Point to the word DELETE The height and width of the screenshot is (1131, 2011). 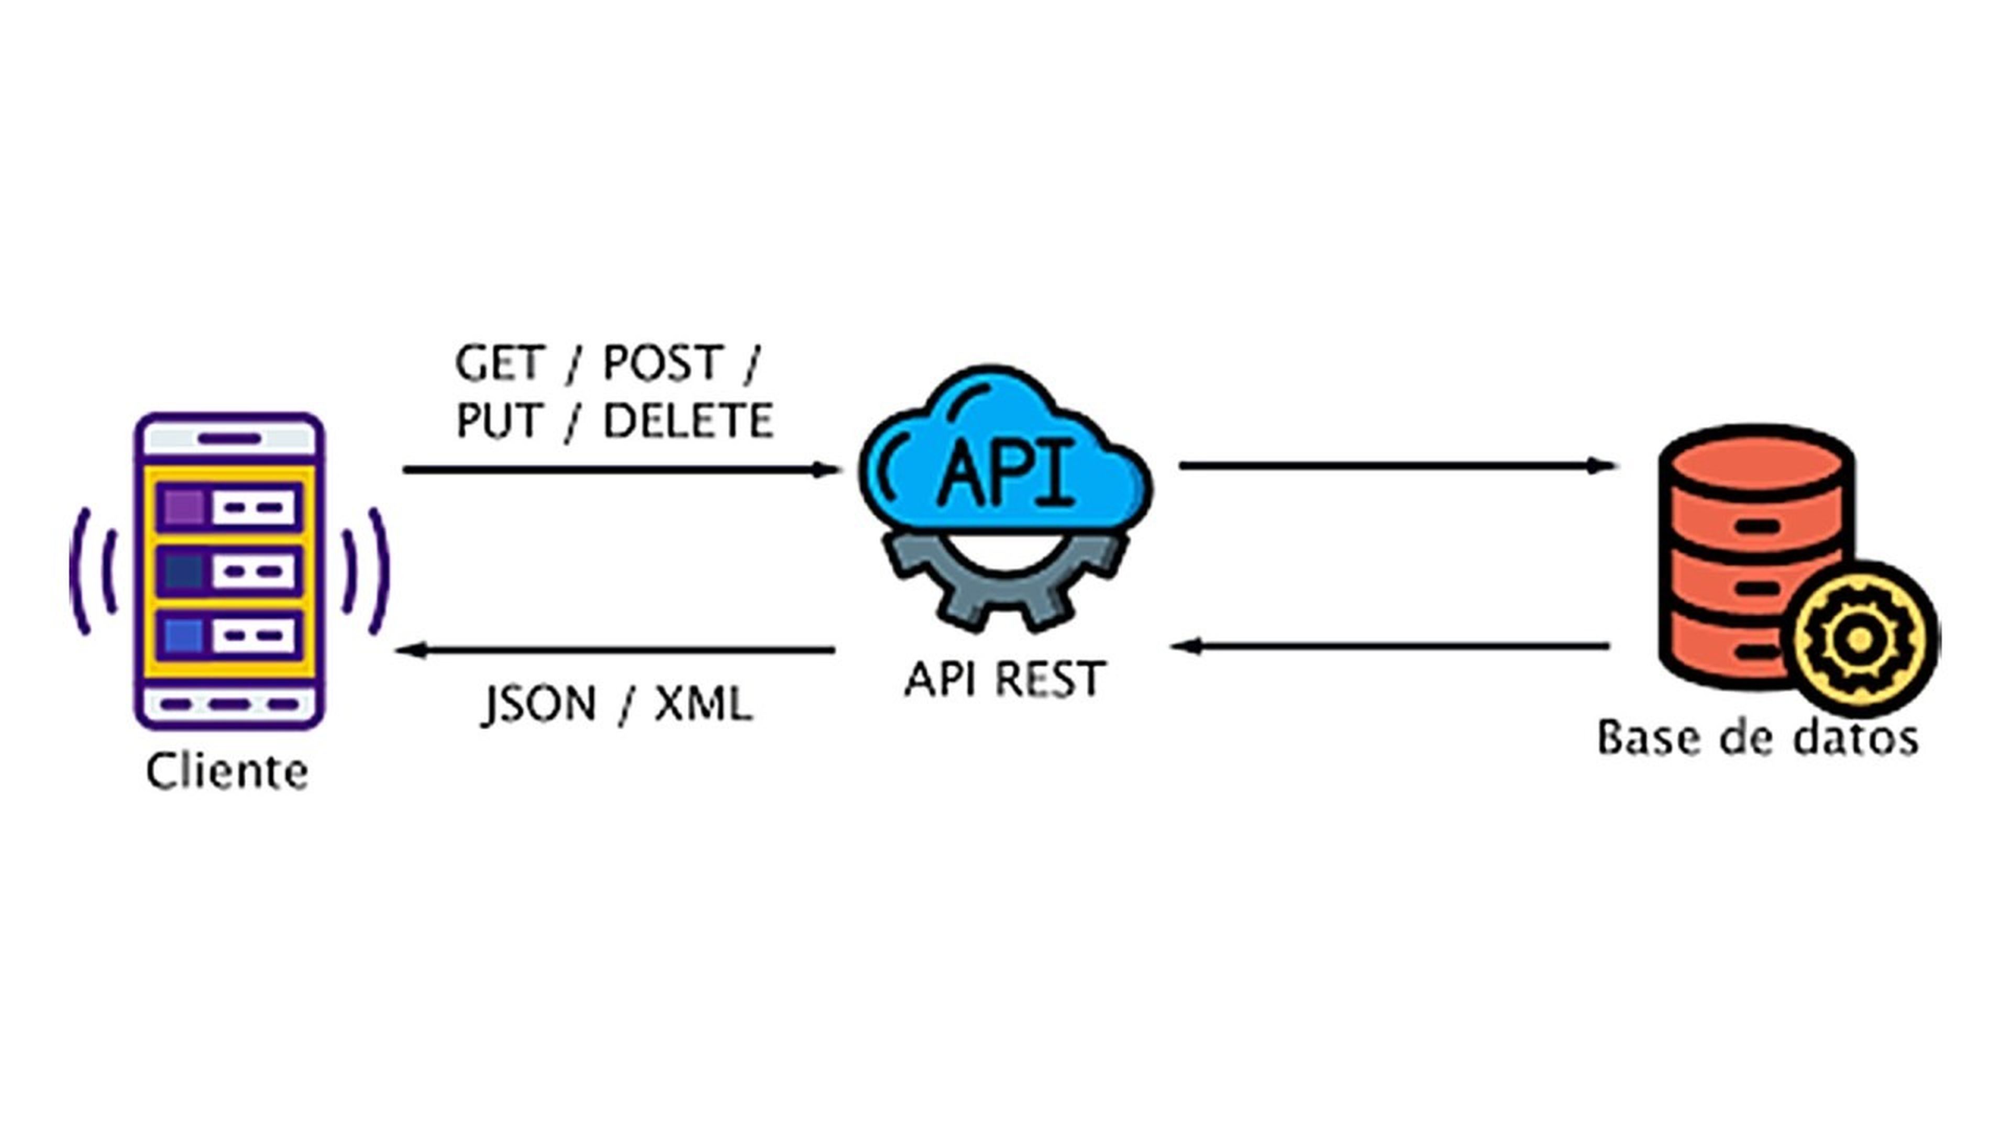688,422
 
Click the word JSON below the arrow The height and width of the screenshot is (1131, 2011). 539,704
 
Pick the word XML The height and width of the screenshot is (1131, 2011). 703,704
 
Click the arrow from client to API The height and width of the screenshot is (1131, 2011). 621,470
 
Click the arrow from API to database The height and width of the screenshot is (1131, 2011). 1397,466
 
